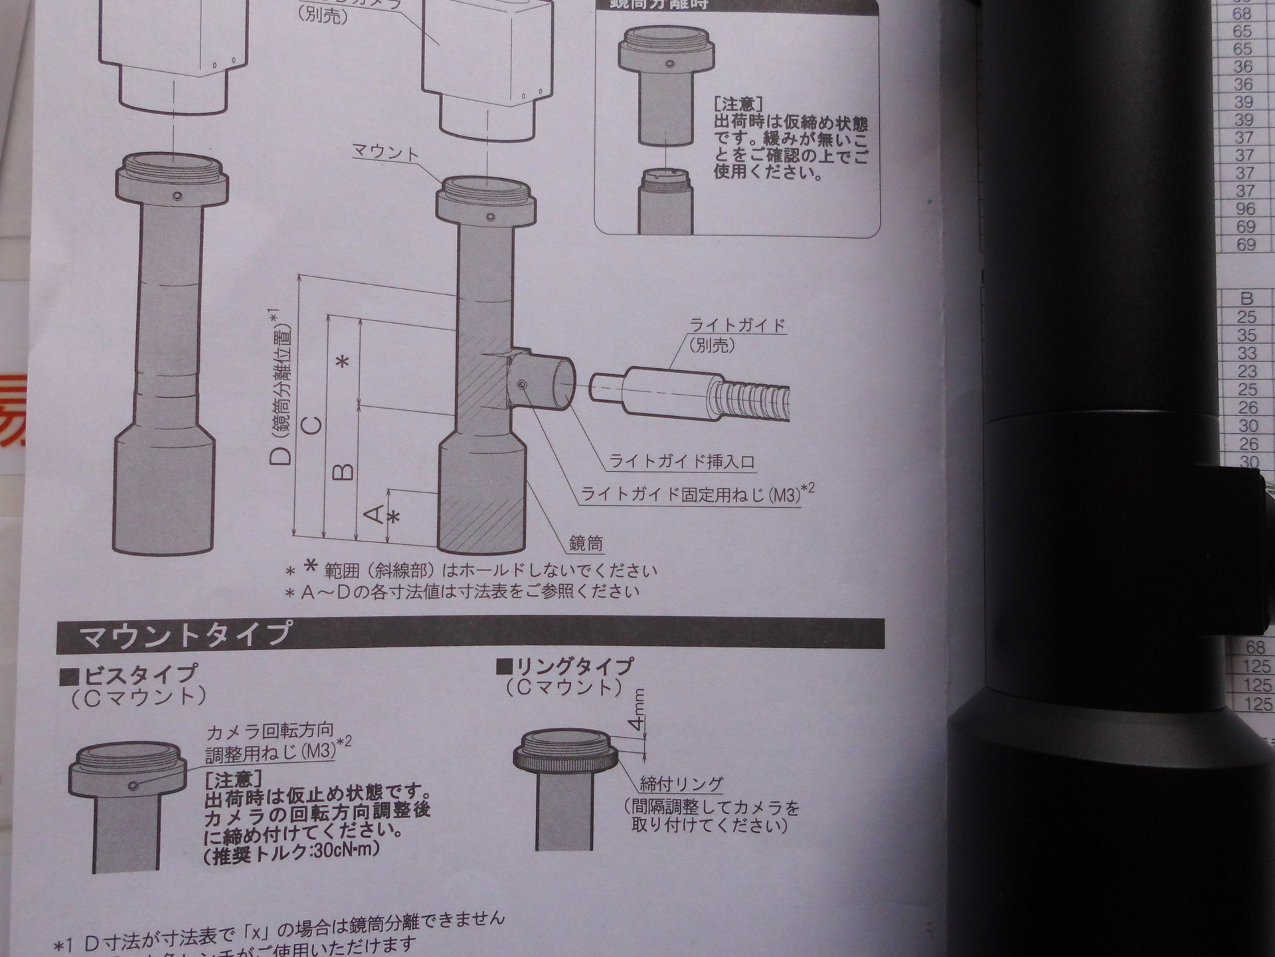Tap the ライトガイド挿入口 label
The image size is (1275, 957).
click(682, 462)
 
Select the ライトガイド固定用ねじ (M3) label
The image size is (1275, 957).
click(691, 494)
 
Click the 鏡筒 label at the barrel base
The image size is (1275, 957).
click(586, 544)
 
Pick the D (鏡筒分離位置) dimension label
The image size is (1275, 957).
click(282, 385)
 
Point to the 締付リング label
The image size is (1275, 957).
click(681, 784)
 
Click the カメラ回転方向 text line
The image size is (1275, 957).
click(270, 733)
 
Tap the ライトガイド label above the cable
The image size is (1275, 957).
click(737, 326)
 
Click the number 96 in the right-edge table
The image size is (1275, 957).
click(1245, 209)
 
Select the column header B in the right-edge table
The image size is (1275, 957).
click(1246, 298)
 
